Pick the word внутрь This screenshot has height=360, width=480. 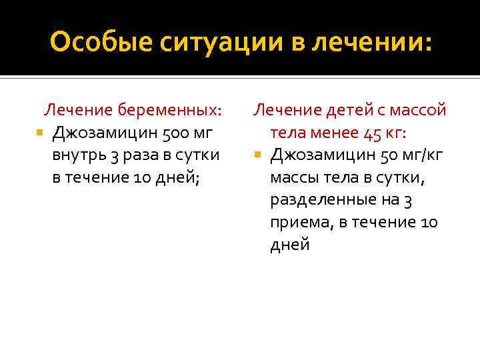[x=79, y=155]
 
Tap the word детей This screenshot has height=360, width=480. [x=339, y=109]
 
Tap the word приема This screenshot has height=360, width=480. [x=297, y=222]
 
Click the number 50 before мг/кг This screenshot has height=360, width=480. [x=387, y=155]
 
